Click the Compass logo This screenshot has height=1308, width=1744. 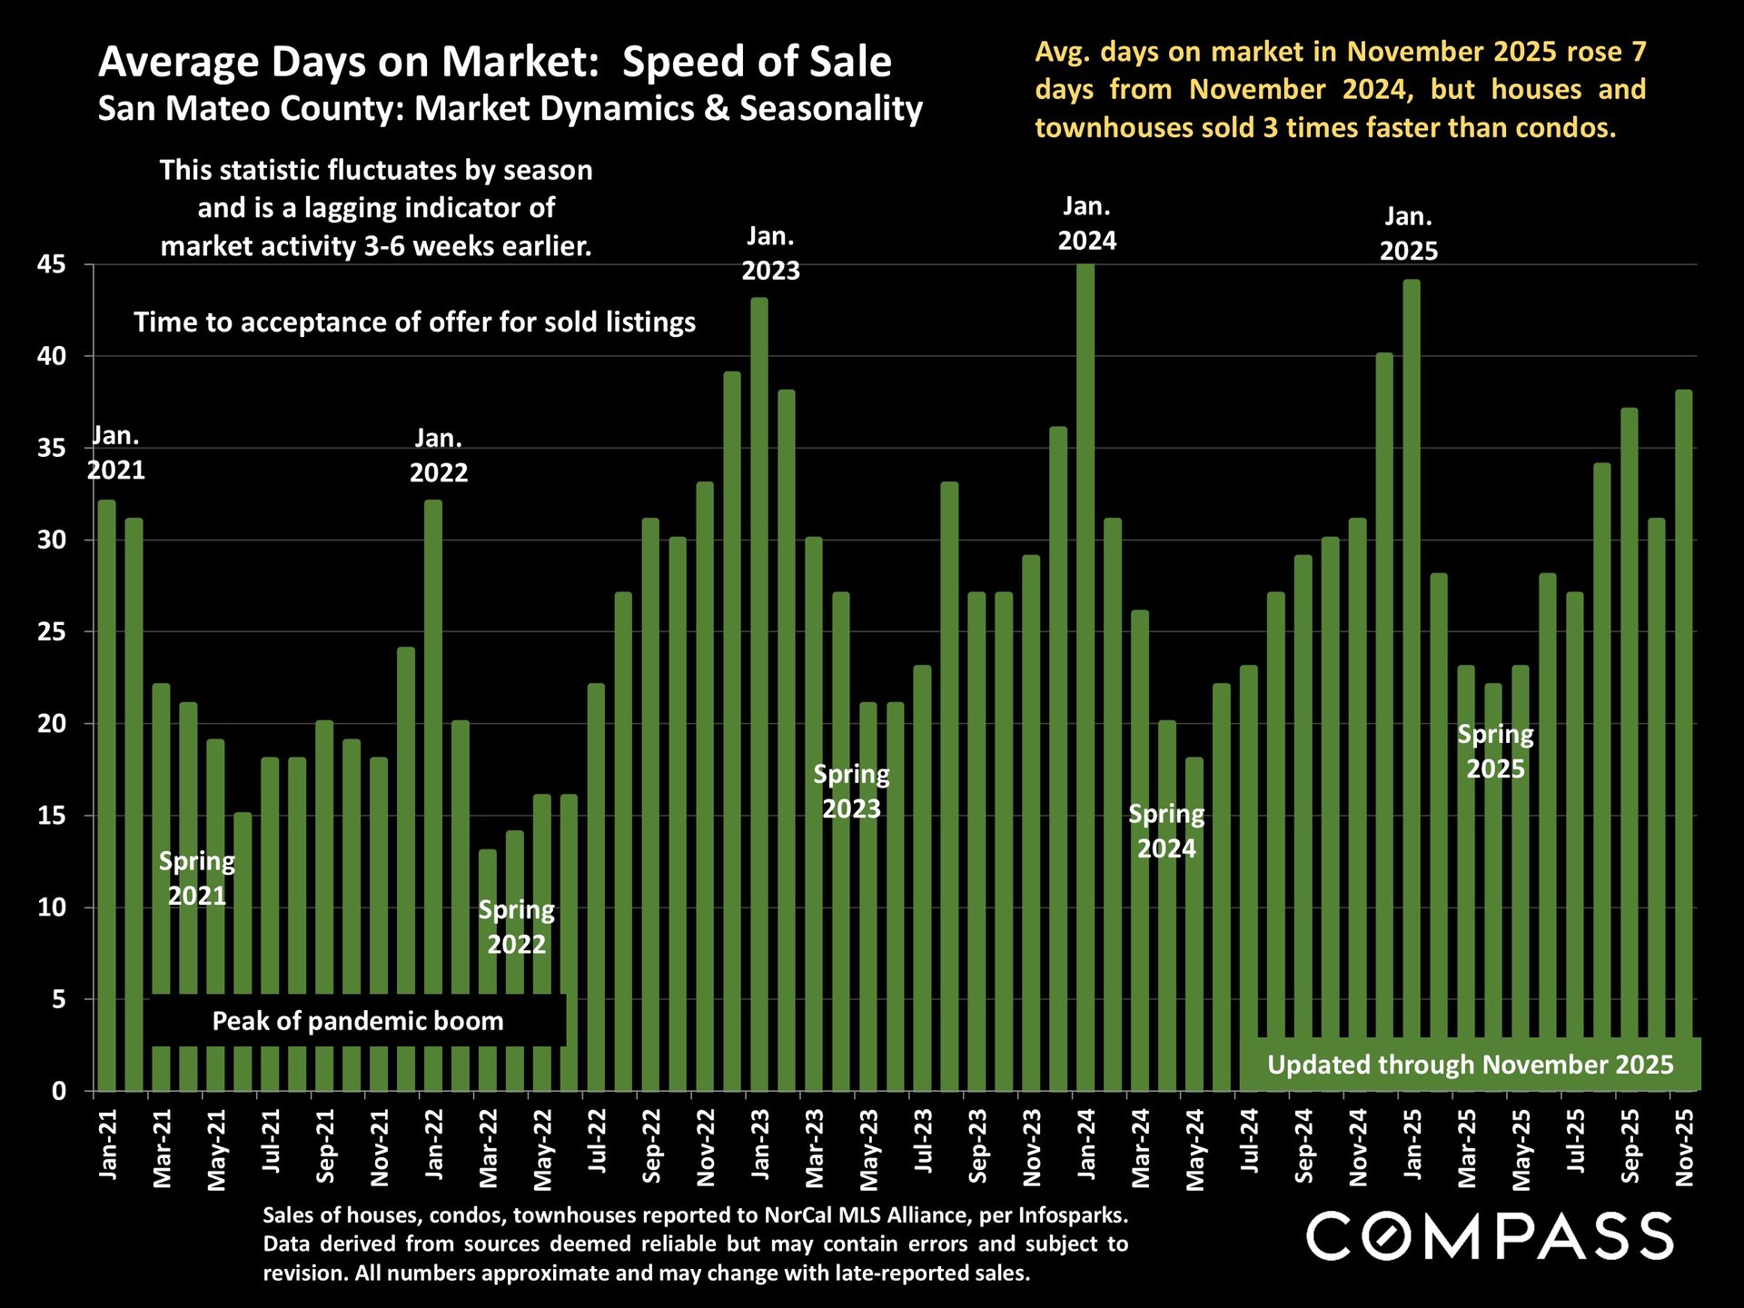coord(1490,1236)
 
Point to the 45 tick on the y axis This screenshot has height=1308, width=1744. coord(52,265)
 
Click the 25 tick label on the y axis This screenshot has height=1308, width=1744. coord(52,632)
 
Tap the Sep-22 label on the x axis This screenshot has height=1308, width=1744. coord(651,1146)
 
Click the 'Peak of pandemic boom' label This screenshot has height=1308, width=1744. coord(358,1021)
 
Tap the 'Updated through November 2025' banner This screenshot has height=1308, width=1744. coord(1470,1065)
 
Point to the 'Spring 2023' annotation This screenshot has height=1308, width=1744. coord(851,791)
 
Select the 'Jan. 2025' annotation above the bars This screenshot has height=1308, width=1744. coord(1408,233)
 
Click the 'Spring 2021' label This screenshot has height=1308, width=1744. coord(197,878)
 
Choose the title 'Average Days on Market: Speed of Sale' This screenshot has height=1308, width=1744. coord(495,63)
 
